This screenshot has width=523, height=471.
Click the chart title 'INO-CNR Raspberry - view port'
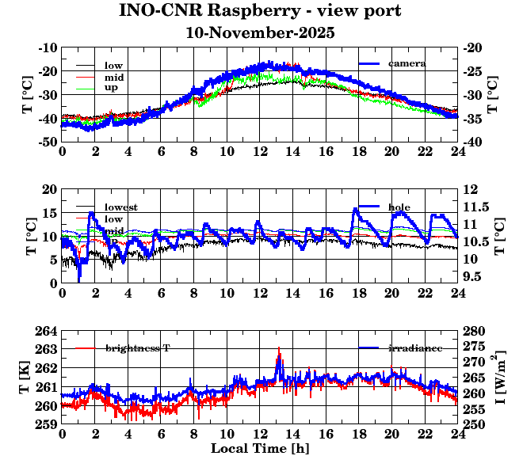(x=260, y=11)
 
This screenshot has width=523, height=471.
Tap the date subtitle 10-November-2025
(x=260, y=33)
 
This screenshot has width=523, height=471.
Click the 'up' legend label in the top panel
(x=111, y=89)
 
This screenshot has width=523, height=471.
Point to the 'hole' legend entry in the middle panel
(x=399, y=207)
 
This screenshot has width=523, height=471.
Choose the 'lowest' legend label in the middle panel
(x=120, y=207)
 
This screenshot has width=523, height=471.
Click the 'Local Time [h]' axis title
(x=260, y=448)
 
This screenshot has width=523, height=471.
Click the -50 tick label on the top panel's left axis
(x=46, y=142)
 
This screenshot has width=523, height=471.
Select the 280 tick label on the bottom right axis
(x=474, y=331)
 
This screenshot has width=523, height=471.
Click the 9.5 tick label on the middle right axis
(x=474, y=277)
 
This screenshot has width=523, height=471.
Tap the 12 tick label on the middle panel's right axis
(x=470, y=189)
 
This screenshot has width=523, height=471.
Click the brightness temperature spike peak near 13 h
(x=279, y=348)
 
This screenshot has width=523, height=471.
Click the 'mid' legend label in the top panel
(x=113, y=77)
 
